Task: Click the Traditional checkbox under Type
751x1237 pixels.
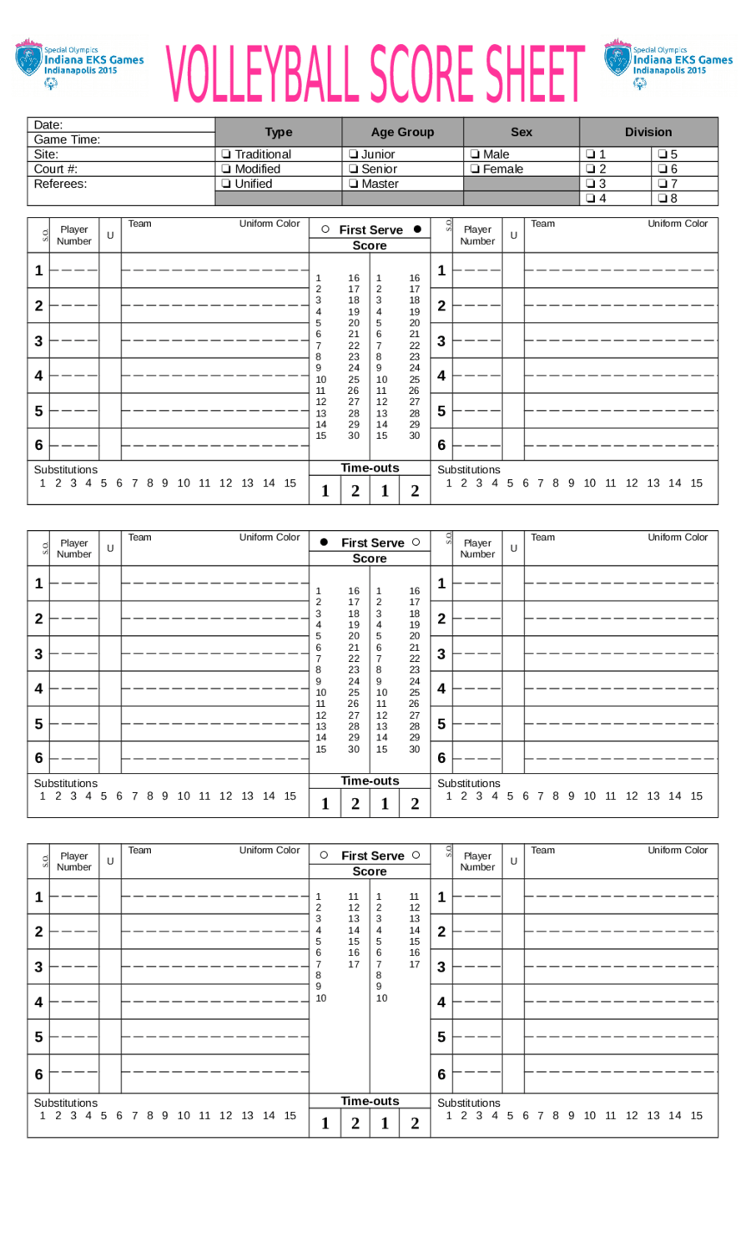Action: [x=226, y=154]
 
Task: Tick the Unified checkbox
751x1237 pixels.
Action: [x=226, y=184]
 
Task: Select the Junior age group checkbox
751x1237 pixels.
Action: [x=353, y=154]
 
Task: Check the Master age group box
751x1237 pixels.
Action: [x=353, y=184]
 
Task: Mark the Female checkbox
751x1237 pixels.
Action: [x=475, y=169]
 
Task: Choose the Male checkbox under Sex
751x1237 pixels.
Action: [x=475, y=154]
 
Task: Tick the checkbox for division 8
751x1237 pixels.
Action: [x=663, y=199]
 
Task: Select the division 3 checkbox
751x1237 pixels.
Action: [x=591, y=184]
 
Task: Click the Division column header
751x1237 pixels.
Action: [x=648, y=132]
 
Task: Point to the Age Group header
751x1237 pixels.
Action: [x=402, y=132]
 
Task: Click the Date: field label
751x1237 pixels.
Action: [x=48, y=125]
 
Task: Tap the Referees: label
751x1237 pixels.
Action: [x=60, y=184]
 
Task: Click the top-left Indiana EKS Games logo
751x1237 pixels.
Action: [x=78, y=63]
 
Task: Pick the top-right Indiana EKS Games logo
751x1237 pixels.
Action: [x=668, y=63]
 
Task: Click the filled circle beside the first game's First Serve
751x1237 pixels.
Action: [x=417, y=229]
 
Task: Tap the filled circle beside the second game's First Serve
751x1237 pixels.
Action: [x=324, y=543]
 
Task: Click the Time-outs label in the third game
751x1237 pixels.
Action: [x=370, y=1101]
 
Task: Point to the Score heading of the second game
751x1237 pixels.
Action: [x=369, y=558]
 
